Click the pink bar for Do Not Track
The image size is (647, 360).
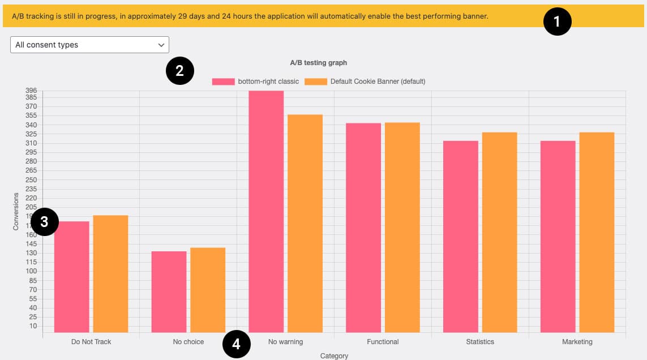click(72, 277)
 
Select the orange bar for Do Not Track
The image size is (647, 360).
click(110, 274)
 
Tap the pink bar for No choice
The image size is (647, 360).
click(169, 292)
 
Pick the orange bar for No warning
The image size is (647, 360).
click(305, 224)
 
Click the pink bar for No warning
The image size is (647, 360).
click(266, 212)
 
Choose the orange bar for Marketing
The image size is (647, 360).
click(597, 232)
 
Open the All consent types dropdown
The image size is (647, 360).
click(89, 45)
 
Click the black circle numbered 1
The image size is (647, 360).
click(558, 22)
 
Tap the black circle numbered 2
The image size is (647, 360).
click(180, 71)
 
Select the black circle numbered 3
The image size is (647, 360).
click(45, 222)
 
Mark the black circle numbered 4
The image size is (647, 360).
click(237, 344)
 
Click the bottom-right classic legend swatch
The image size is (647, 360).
click(223, 82)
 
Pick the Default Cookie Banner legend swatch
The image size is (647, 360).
click(316, 82)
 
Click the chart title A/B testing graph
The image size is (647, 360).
click(318, 63)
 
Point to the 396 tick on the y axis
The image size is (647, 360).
click(31, 91)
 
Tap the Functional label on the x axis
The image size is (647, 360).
click(383, 342)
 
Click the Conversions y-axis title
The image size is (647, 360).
click(16, 211)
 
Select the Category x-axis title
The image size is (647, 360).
click(334, 356)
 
